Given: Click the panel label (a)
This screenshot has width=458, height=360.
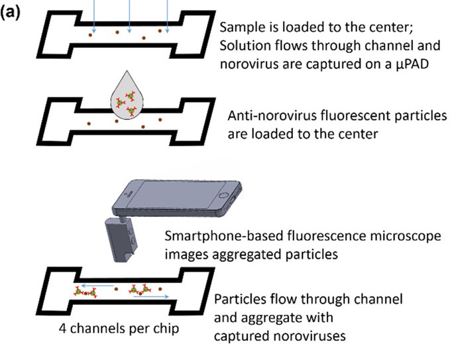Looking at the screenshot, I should pyautogui.click(x=14, y=12).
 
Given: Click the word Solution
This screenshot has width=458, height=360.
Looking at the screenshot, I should pyautogui.click(x=245, y=46).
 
